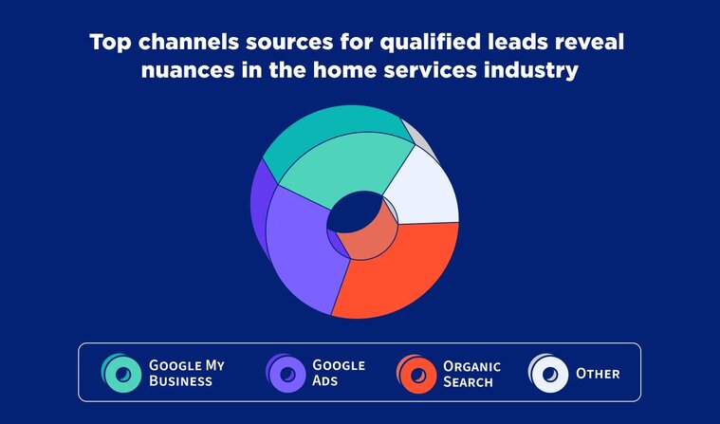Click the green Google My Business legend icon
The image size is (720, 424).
click(121, 374)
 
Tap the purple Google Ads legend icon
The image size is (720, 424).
click(286, 374)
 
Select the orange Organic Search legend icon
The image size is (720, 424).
click(416, 374)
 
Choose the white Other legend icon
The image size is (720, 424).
click(548, 374)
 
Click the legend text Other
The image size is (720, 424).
click(598, 374)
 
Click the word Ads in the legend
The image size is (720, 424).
click(325, 380)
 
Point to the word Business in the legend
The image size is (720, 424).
click(180, 380)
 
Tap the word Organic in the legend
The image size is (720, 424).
click(471, 366)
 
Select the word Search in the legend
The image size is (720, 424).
click(468, 381)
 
